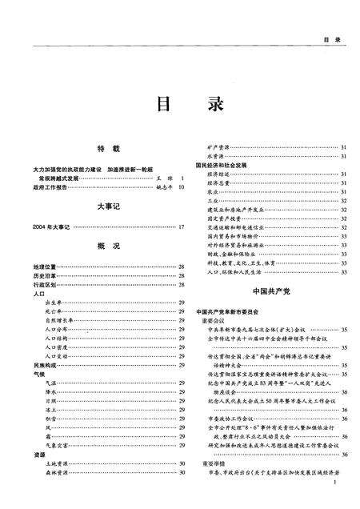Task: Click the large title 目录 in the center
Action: click(x=179, y=106)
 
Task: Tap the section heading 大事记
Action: click(x=108, y=206)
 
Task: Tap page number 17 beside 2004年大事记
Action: click(x=182, y=226)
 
